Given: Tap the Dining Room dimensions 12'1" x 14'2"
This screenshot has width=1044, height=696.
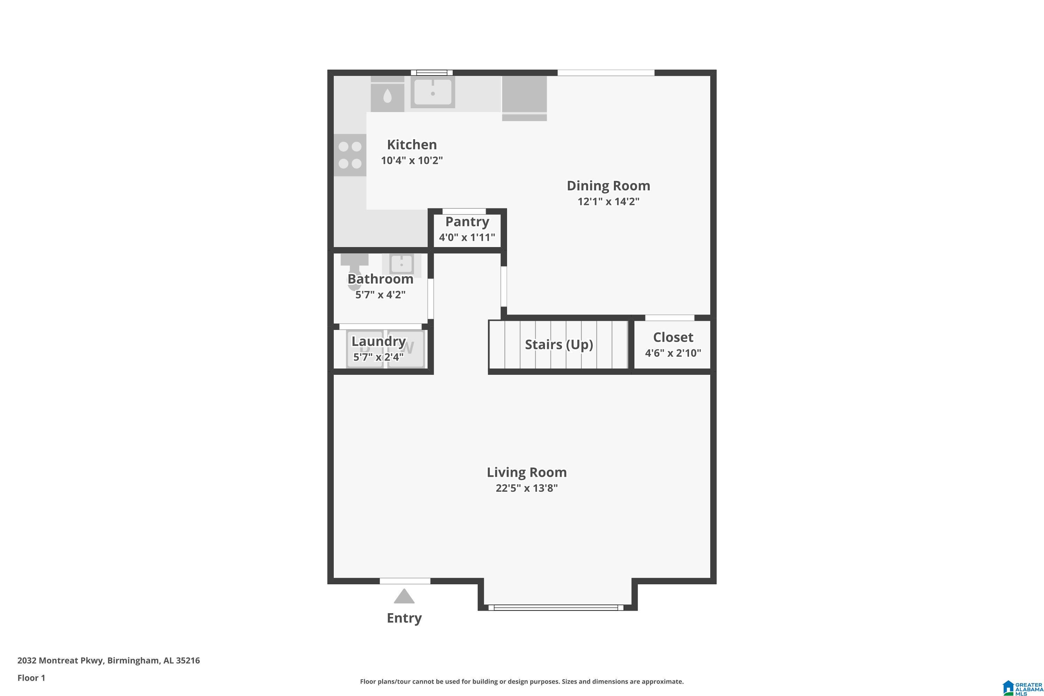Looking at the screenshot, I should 608,201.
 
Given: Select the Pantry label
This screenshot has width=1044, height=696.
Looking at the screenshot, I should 467,221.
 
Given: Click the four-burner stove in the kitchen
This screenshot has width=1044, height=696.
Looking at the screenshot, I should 350,155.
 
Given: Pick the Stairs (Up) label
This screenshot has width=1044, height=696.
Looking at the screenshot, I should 559,345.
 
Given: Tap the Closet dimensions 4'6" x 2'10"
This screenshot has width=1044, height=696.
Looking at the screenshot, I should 672,353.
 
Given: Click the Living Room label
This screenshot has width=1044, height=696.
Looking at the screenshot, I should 527,472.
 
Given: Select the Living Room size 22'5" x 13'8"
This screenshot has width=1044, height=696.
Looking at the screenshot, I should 527,488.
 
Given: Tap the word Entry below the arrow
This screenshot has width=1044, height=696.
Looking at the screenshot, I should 404,618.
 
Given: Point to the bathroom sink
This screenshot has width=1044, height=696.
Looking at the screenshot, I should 401,264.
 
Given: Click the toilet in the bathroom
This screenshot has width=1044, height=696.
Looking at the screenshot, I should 354,269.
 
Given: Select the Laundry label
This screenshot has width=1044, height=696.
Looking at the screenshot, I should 378,341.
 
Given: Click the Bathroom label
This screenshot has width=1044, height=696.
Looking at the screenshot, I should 380,279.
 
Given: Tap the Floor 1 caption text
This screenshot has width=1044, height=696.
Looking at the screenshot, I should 31,678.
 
